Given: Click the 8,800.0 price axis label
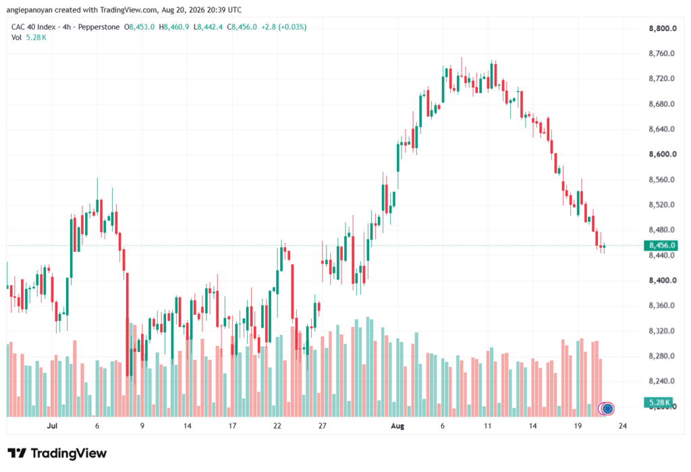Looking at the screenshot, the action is tap(663, 28).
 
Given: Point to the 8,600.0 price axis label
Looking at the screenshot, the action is tap(663, 155).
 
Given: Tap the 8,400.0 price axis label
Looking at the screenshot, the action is tap(663, 280).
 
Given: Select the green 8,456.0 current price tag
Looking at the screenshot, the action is tap(661, 245).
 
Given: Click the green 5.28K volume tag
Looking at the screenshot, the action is tap(659, 402).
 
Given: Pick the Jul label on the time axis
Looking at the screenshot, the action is tap(52, 426).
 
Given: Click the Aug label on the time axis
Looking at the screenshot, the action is tap(397, 426).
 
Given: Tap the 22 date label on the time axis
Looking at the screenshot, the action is tap(277, 426).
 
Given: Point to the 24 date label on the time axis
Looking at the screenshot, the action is tap(623, 426).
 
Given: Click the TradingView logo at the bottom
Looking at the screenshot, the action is tap(57, 453).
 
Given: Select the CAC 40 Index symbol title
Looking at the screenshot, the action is tap(34, 27).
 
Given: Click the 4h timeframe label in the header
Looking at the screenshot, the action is tap(67, 27).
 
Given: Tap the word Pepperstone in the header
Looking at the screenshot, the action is tap(99, 27).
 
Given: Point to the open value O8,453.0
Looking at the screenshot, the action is tap(139, 27).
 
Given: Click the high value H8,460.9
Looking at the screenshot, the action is tap(173, 27).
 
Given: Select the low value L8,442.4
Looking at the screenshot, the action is tap(208, 27).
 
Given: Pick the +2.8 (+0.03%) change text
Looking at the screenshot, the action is tap(284, 27).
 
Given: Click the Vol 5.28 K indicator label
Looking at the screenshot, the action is tap(28, 38).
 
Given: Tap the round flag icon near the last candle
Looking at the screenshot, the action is tap(608, 409).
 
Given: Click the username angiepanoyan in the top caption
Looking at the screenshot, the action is tap(30, 9).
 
